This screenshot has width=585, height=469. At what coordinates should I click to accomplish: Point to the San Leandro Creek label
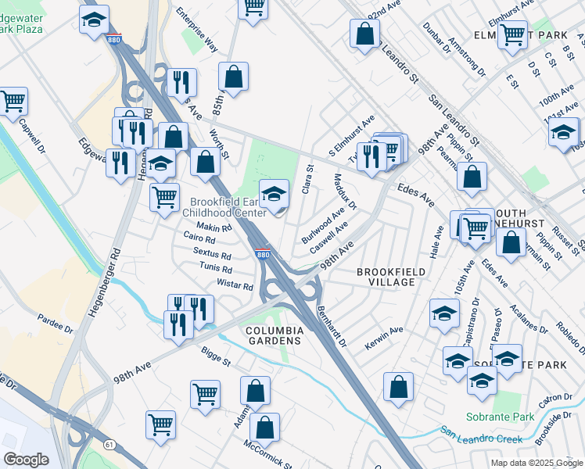[480, 435]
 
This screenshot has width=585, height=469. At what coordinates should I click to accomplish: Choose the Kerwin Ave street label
[384, 338]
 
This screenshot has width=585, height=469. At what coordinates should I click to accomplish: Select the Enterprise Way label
[197, 30]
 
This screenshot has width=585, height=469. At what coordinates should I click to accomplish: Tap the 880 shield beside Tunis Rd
[264, 255]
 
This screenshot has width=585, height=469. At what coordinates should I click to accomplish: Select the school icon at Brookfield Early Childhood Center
[274, 193]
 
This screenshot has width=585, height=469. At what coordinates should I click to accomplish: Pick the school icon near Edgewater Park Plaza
[95, 19]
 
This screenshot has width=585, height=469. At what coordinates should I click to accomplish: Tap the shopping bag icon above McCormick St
[265, 428]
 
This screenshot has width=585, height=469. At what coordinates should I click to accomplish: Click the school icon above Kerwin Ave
[444, 313]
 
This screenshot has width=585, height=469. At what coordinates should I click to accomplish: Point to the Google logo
[26, 460]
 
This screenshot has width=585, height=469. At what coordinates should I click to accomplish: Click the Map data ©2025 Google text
[536, 463]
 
